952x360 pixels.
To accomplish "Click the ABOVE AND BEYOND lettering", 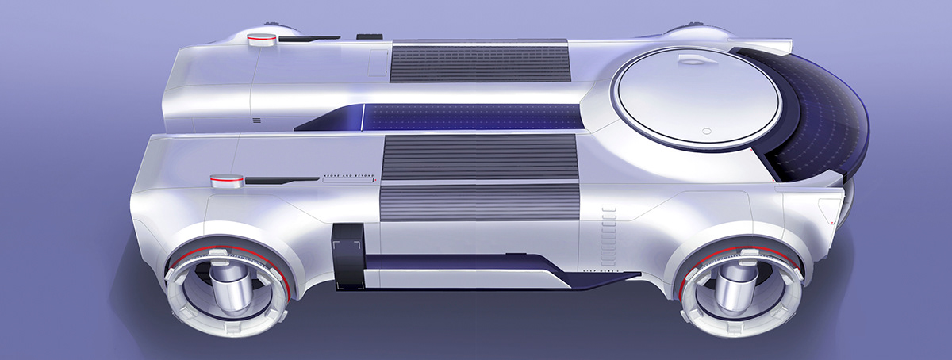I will (347, 180).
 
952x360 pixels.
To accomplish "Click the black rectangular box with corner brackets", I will (346, 255).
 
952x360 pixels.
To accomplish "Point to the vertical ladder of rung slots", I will (609, 229).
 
